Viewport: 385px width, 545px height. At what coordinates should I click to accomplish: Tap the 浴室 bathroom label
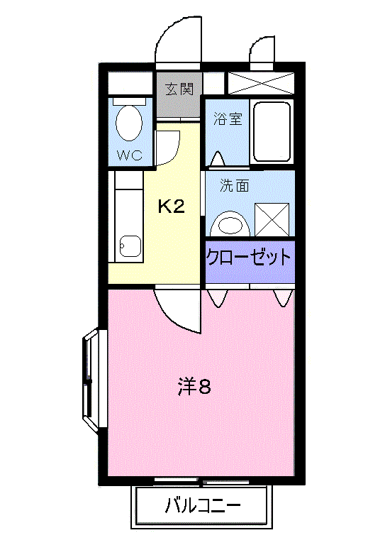click(228, 119)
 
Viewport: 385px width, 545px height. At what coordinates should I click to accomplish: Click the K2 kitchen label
click(171, 207)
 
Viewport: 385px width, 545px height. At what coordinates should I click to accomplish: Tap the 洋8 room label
click(194, 387)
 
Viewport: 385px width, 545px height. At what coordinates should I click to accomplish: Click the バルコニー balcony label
click(202, 507)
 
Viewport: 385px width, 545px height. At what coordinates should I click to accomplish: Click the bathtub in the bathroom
click(271, 132)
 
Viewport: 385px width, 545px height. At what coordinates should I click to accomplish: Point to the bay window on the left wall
click(91, 380)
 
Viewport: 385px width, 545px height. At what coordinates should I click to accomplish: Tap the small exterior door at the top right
click(261, 50)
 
